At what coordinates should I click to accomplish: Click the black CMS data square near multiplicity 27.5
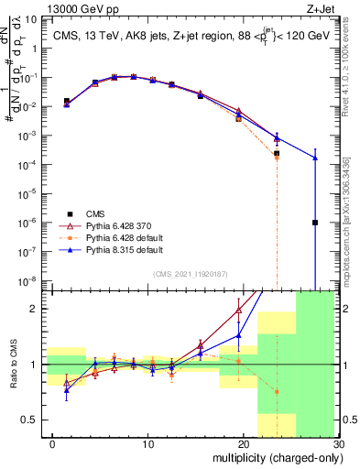point(315,223)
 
